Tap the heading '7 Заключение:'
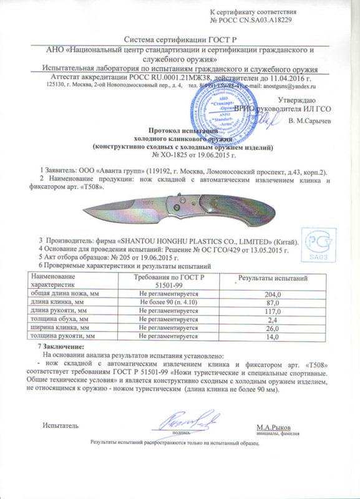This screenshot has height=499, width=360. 61,346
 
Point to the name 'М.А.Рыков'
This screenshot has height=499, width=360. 275,427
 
